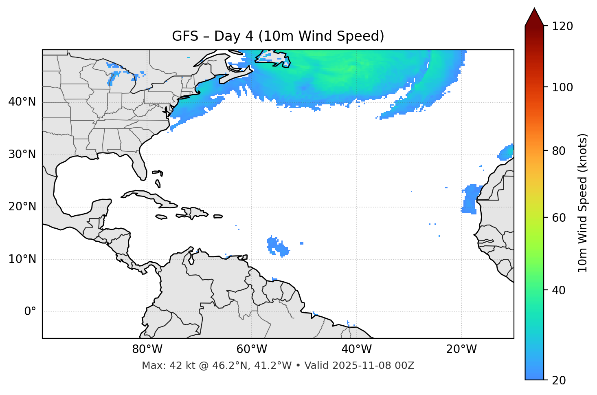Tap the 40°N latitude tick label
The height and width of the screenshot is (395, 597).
[22, 102]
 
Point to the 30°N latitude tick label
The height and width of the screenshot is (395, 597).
[22, 154]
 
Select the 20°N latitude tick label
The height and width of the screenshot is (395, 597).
[22, 207]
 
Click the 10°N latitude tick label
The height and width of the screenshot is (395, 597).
[22, 259]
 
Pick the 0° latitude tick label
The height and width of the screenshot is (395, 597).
[30, 312]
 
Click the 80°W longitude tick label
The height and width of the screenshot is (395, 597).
[147, 349]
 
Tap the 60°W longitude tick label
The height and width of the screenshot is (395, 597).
[252, 349]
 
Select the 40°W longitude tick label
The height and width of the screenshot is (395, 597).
[356, 349]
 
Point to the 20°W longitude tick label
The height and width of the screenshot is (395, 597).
[461, 349]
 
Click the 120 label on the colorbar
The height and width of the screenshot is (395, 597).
[562, 26]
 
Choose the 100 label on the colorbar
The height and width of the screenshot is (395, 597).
[562, 87]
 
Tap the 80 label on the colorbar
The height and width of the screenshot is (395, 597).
[559, 151]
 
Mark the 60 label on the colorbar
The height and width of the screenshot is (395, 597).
[559, 218]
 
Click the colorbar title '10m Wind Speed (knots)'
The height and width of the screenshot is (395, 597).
[583, 203]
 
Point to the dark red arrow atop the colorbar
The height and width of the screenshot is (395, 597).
[534, 18]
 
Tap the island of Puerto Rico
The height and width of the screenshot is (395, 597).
[218, 216]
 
